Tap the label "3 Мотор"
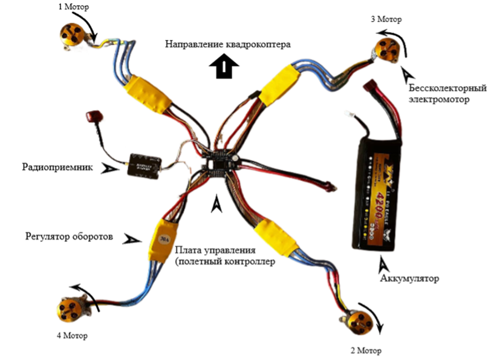386,19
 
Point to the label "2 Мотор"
366,350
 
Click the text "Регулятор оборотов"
69,236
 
